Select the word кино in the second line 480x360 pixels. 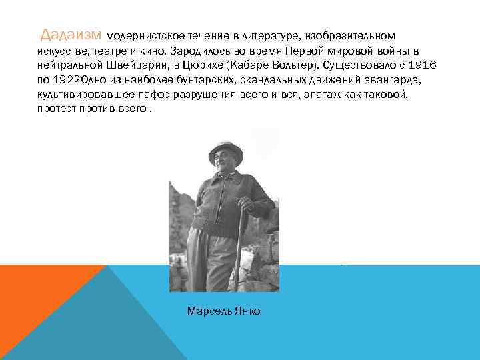(x=149, y=51)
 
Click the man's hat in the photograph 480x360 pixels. (x=225, y=149)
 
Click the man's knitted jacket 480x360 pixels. (x=223, y=200)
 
